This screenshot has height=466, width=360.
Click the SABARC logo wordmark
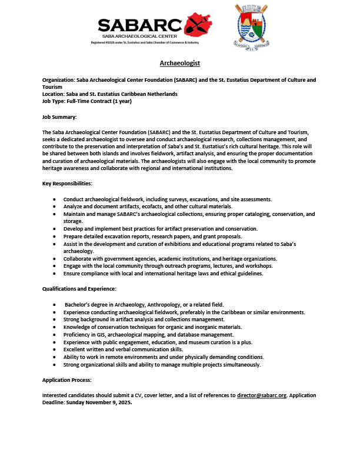click(x=140, y=25)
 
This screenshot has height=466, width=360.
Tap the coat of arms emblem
click(x=251, y=27)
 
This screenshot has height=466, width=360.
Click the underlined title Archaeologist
click(x=180, y=62)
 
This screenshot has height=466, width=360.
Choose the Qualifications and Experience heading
click(x=79, y=289)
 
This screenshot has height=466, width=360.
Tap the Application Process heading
click(x=66, y=380)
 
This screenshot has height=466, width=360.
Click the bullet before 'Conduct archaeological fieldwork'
click(x=55, y=199)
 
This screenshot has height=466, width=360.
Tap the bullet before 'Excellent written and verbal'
click(x=55, y=349)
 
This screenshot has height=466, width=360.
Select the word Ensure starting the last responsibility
click(x=72, y=274)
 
